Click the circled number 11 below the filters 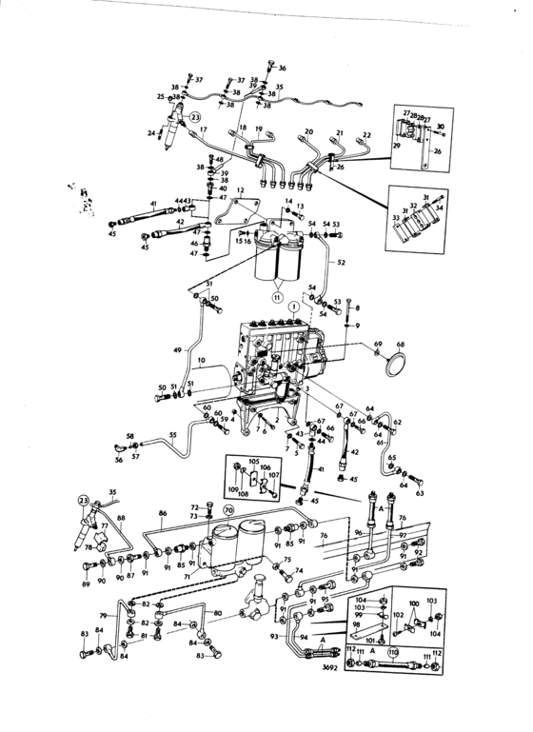[x=278, y=298]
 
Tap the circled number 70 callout [x=228, y=511]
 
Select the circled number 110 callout [x=392, y=653]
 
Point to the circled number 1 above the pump [x=296, y=307]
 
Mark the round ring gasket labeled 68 [x=390, y=360]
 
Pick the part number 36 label [x=282, y=69]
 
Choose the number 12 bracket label [x=241, y=191]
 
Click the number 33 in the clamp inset [x=395, y=218]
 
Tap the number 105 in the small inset [x=253, y=462]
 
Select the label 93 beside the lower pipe [x=273, y=636]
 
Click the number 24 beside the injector [x=152, y=133]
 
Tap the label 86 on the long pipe [x=163, y=513]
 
